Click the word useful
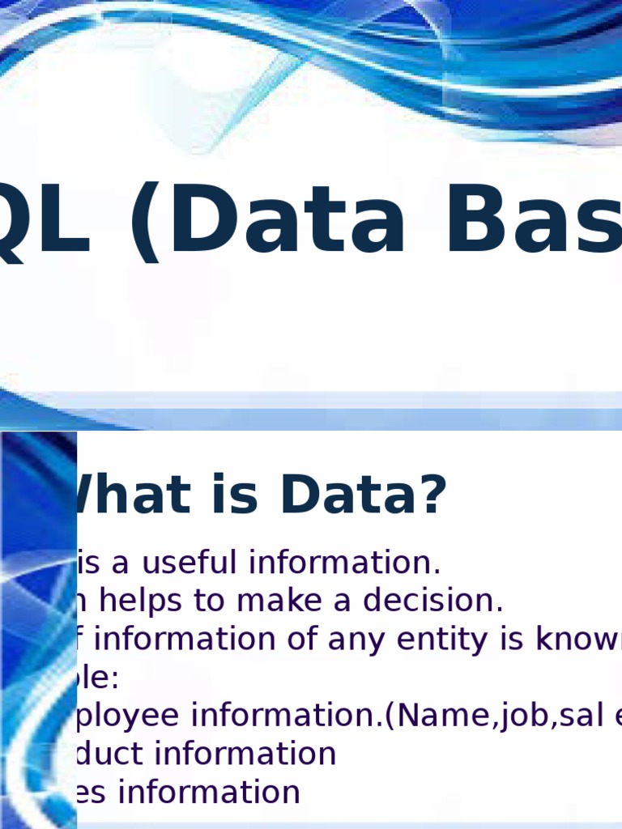[x=192, y=563]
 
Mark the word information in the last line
[x=208, y=792]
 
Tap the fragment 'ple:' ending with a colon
[x=97, y=678]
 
